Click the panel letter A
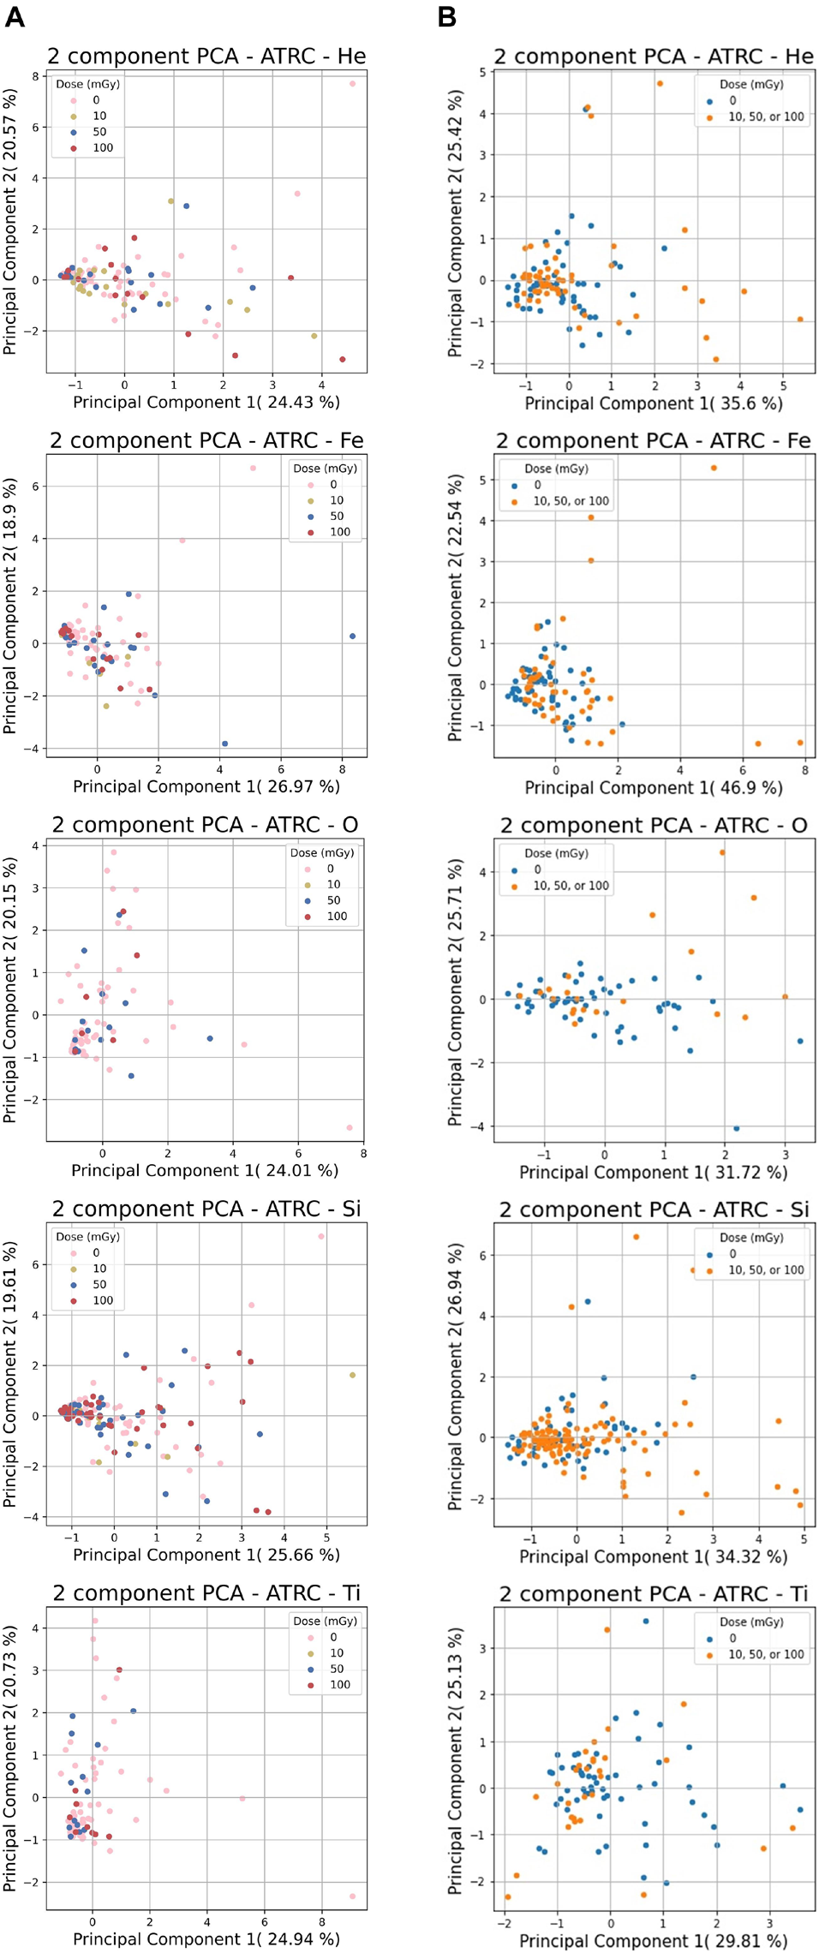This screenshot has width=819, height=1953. click(x=15, y=16)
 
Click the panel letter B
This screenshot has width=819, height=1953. click(x=446, y=16)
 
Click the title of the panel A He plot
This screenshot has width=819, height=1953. click(x=206, y=57)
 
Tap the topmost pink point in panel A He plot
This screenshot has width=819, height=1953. click(x=352, y=84)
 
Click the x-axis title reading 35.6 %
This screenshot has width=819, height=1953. click(x=653, y=403)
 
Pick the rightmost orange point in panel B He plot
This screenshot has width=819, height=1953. click(x=800, y=320)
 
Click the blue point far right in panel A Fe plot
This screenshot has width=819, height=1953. click(x=352, y=636)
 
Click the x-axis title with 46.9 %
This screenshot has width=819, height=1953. click(x=653, y=787)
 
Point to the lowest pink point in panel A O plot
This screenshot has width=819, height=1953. click(x=349, y=1127)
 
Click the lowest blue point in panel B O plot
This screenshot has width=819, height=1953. click(x=736, y=1128)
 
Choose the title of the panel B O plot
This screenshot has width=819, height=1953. click(x=653, y=826)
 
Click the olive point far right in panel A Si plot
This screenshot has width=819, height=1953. click(x=352, y=1375)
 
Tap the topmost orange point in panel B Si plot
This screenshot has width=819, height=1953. click(x=636, y=1237)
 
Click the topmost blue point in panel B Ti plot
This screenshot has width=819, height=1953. click(x=646, y=1622)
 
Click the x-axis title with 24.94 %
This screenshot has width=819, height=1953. click(x=206, y=1939)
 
